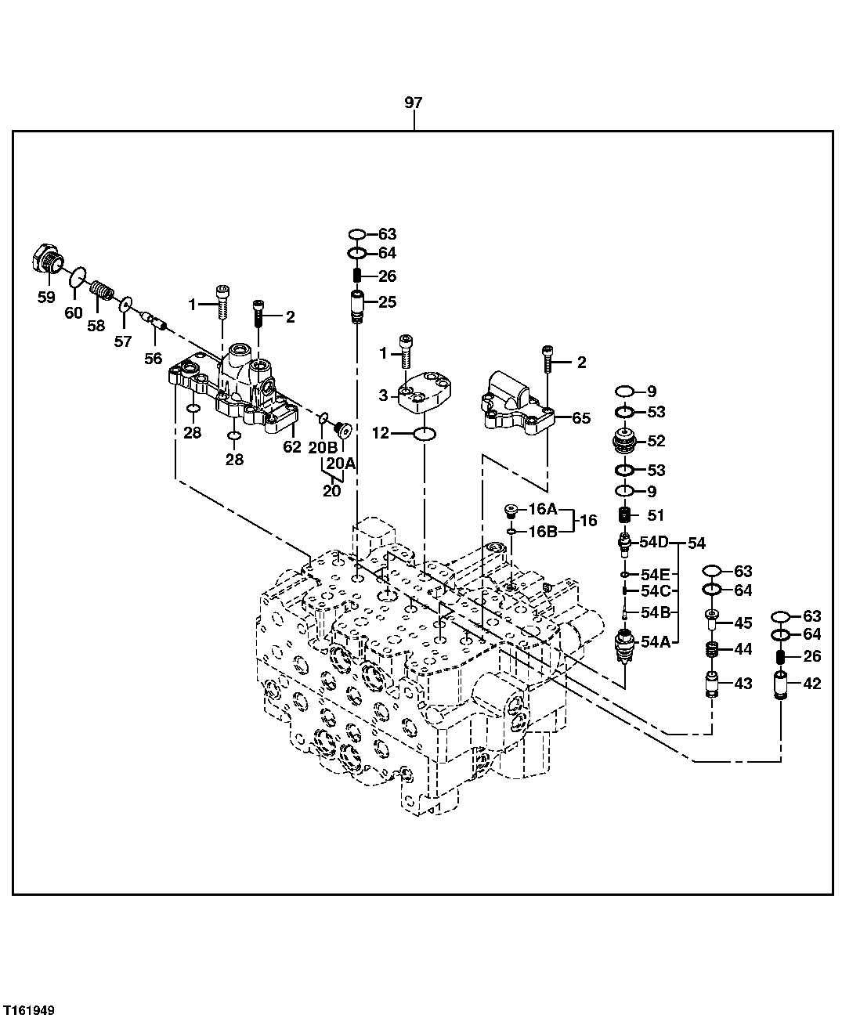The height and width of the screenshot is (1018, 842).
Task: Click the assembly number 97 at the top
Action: [x=413, y=103]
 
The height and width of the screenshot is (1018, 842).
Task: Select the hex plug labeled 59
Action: [x=46, y=259]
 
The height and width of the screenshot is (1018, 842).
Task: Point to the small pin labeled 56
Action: [x=152, y=320]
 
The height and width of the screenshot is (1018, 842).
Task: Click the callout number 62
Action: [x=291, y=447]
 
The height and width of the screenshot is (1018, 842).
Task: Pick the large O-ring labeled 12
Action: [x=425, y=434]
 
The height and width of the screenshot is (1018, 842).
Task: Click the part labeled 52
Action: [x=627, y=442]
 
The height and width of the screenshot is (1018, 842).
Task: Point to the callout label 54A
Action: [x=655, y=642]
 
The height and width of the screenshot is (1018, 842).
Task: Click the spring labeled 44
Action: [x=712, y=650]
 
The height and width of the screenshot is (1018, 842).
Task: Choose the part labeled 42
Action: [x=780, y=684]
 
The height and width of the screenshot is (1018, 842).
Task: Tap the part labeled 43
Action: [x=712, y=684]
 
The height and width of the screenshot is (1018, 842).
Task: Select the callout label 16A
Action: [x=542, y=510]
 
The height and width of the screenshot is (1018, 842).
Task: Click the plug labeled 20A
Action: [x=340, y=429]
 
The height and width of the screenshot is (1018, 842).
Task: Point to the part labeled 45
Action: [x=712, y=620]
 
